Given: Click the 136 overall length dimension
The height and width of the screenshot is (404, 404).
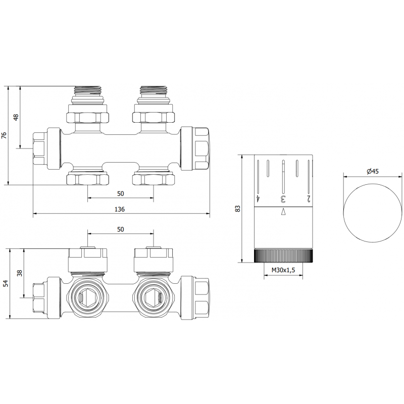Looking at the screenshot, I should [x=121, y=209].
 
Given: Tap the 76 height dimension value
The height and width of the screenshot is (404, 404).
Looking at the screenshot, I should [x=4, y=135].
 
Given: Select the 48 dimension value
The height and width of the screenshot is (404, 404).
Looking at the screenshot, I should [x=16, y=117].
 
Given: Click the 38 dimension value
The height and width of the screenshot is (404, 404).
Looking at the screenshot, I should [x=20, y=273].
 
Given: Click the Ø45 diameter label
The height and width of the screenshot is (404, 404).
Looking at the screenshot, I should [x=373, y=172].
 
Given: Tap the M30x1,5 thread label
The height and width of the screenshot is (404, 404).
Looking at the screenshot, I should [x=283, y=271].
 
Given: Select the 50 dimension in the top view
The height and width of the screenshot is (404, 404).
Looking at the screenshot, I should [x=121, y=193].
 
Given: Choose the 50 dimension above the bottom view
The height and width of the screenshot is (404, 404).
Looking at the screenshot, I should [x=121, y=229].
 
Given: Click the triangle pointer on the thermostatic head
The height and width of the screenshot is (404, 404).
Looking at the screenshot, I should [x=283, y=212].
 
